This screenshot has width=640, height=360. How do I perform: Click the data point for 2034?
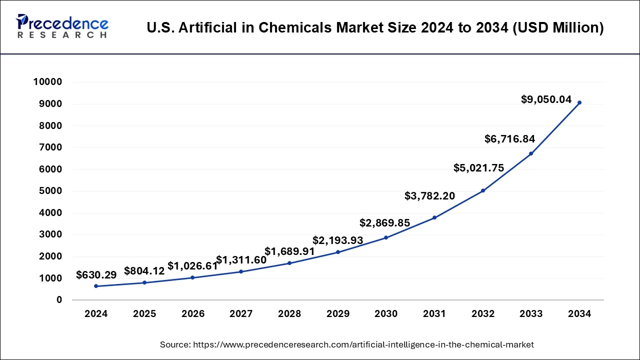579,102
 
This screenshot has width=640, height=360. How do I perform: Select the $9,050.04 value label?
546,99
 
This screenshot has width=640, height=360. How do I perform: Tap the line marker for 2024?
96,286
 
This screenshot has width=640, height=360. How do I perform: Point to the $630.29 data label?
96,274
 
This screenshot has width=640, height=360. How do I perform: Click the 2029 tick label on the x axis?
337,314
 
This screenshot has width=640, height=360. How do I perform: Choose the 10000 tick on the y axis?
47,82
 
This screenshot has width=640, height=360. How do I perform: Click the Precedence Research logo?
62,26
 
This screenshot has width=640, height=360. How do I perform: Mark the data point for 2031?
434,217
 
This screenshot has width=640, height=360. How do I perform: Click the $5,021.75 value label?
478,168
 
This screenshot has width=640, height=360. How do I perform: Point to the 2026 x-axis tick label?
193,314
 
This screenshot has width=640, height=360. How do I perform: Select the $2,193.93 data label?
337,240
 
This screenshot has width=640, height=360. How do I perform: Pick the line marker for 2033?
530,153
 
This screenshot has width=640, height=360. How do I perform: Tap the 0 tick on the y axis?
59,300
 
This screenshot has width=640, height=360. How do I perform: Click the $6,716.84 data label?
510,139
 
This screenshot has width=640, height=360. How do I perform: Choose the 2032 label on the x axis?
482,314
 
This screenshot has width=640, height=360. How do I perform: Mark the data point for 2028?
289,263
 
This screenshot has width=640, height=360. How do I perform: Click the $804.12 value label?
144,271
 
